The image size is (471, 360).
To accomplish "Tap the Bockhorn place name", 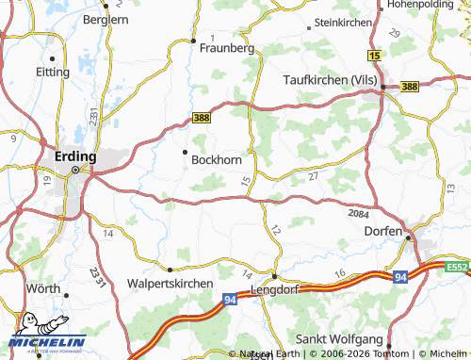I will point(217,160).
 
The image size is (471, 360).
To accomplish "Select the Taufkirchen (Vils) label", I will point(330,81).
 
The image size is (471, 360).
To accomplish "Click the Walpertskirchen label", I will point(172,283).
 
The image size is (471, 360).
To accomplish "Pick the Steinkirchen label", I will point(345,22).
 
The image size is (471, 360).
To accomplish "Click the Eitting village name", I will point(52,71).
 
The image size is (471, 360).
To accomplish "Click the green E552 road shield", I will point(458,268).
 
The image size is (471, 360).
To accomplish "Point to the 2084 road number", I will point(358,216).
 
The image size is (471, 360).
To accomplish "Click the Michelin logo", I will point(47,337).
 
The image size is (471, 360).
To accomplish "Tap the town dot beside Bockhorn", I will point(185,151).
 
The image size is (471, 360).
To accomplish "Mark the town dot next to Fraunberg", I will point(192,41).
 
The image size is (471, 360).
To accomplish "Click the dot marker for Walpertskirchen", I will point(170,269).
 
